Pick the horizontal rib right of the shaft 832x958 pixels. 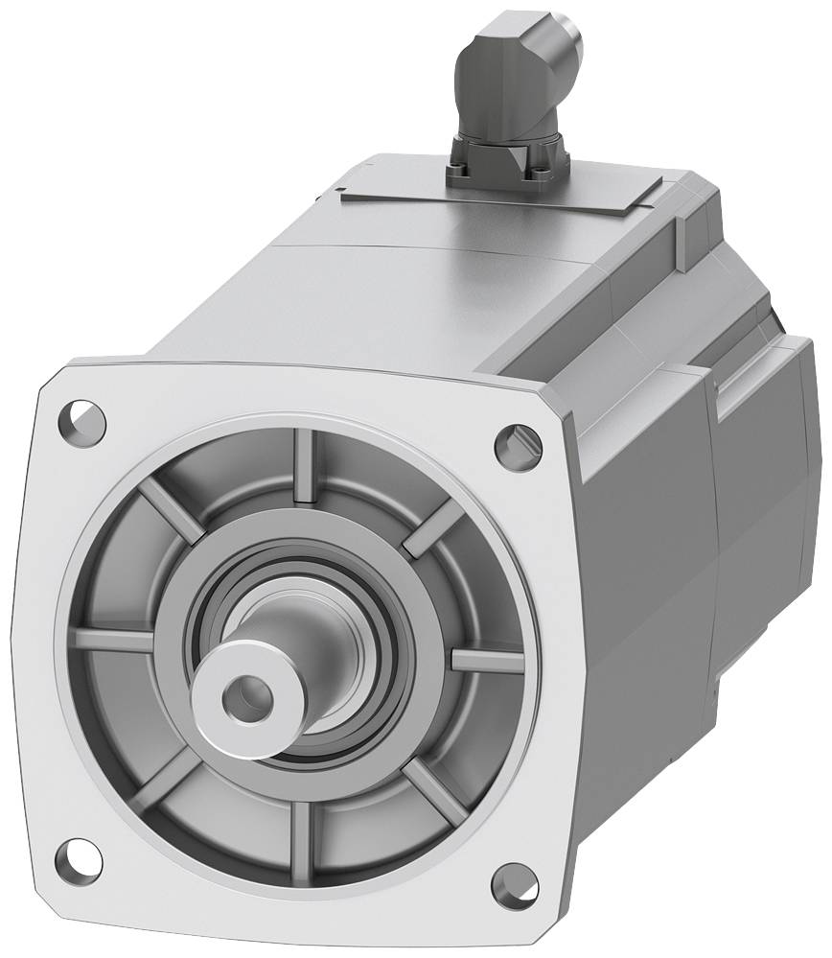pyautogui.click(x=485, y=661)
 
